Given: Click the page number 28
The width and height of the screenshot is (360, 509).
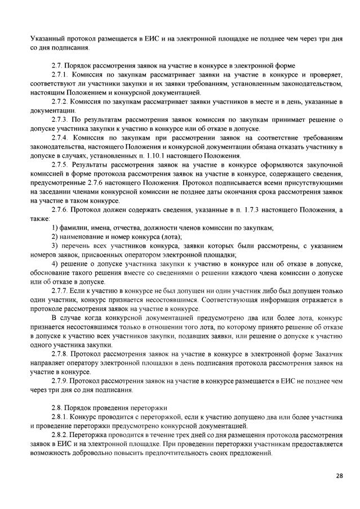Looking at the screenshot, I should coord(340,476).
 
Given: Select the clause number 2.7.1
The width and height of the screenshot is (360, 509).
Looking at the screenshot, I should coord(60,75).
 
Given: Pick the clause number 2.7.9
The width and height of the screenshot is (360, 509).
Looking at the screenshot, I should coord(60,381).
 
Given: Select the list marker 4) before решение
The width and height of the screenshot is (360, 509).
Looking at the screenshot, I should coord(54,264).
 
